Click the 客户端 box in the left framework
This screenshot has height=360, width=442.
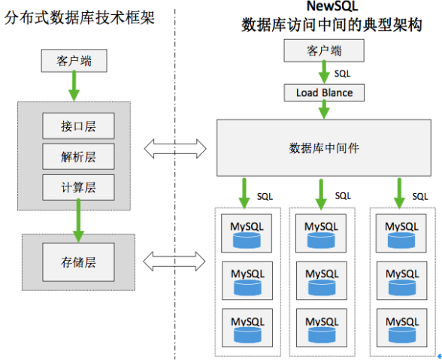coord(74,61)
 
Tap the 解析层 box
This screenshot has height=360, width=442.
coord(78,156)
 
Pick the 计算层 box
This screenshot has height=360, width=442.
coord(78,186)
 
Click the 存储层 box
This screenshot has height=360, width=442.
coord(78,262)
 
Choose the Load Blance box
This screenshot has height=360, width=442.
coord(325,93)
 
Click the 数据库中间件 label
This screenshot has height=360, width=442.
coord(324,148)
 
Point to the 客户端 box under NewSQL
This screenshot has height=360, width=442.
coord(324,51)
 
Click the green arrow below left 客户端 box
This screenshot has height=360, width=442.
coord(74,86)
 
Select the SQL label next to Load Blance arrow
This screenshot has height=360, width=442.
coord(342,74)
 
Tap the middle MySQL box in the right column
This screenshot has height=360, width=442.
coord(401,279)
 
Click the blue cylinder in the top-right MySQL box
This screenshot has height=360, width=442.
coord(401,240)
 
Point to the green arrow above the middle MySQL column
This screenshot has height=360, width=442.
coord(322,192)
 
